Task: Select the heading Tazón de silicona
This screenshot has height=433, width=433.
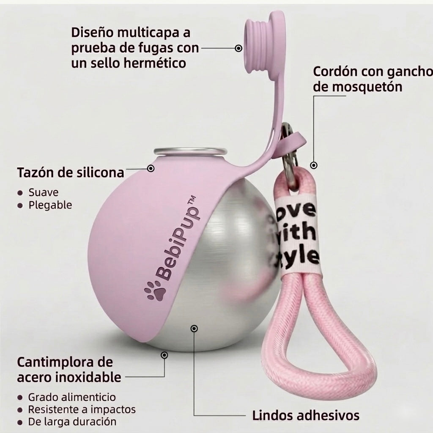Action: (x=71, y=173)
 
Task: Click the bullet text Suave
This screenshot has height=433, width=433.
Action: (x=44, y=192)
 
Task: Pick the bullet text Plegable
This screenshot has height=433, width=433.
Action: (x=50, y=205)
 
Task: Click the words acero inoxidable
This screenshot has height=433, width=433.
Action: (x=69, y=377)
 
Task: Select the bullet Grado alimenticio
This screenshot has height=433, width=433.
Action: (x=72, y=397)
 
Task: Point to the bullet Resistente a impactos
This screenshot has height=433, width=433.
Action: (x=82, y=409)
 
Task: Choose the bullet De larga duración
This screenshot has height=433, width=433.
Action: (x=72, y=422)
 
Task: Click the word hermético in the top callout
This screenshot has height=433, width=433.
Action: (x=155, y=63)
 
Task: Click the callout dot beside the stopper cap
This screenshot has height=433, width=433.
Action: (x=238, y=48)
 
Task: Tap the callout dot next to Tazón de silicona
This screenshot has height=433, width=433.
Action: (x=151, y=168)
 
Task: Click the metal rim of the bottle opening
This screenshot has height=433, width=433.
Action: (x=190, y=152)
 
